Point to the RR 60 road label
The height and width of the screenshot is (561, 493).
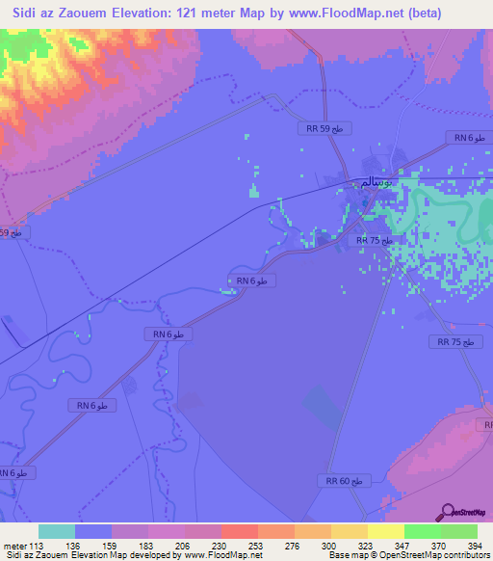(x=342, y=480)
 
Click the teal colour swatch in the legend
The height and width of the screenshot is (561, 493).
(x=56, y=531)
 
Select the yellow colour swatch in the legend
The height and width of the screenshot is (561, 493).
(x=385, y=531)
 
